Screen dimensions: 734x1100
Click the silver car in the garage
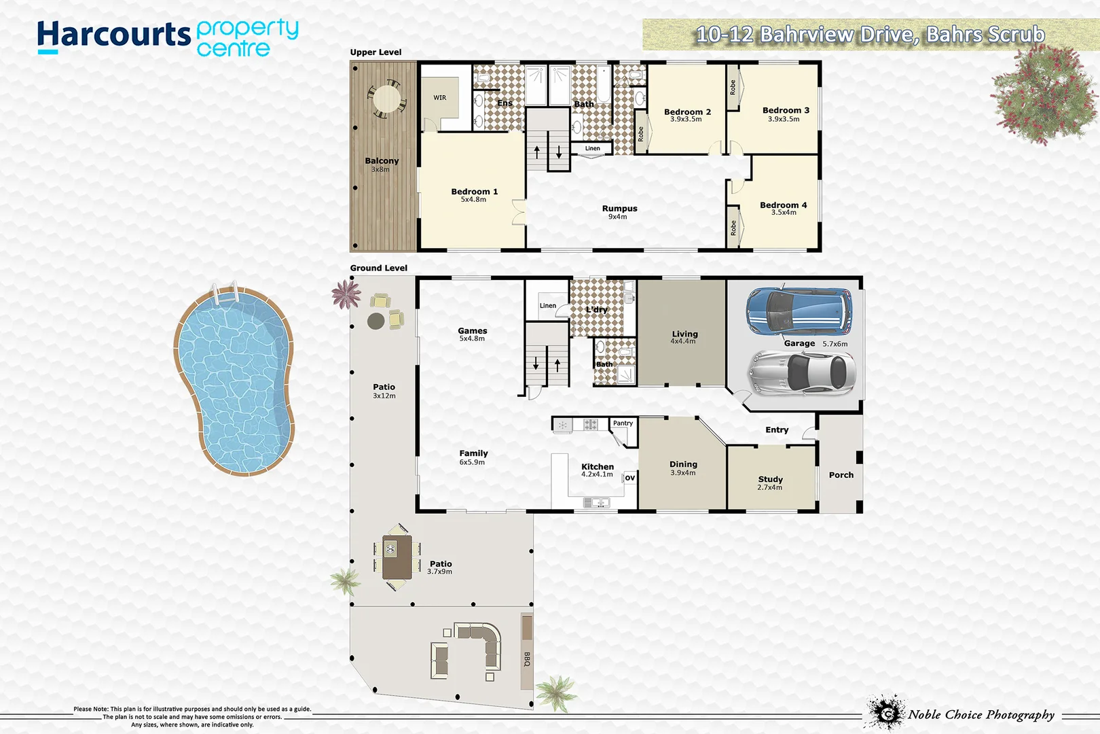click(x=801, y=372)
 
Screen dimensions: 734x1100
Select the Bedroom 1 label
click(x=474, y=192)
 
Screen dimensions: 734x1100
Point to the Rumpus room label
click(x=619, y=209)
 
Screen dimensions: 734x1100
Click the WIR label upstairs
click(x=440, y=98)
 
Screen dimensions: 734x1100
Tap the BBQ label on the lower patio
click(x=527, y=659)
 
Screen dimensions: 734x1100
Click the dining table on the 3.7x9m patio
click(x=397, y=557)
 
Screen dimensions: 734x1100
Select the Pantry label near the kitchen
click(x=623, y=423)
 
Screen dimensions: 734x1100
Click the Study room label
click(x=770, y=479)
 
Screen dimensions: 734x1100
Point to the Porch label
click(x=841, y=475)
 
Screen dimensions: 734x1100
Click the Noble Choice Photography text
click(x=981, y=714)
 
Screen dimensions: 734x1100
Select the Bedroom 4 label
click(x=783, y=205)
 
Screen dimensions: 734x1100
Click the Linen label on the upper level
click(x=593, y=148)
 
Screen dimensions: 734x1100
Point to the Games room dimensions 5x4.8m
click(x=472, y=338)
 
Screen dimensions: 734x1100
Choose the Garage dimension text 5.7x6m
click(x=835, y=344)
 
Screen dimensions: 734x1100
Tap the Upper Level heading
click(x=375, y=52)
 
